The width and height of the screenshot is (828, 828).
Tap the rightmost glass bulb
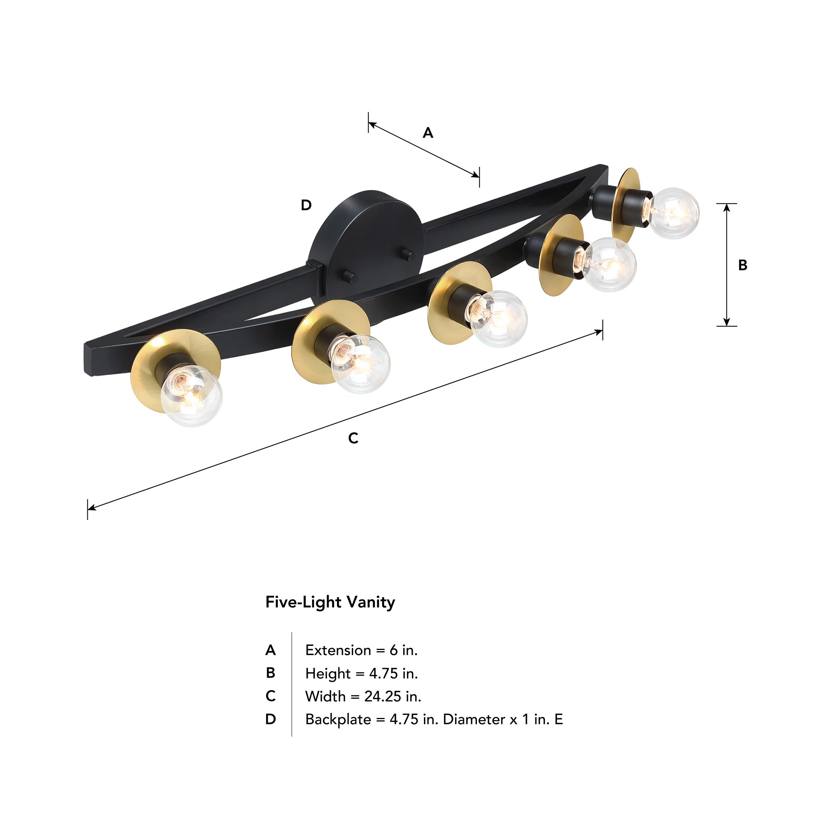point(674,213)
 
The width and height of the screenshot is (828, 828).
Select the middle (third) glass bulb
point(499,318)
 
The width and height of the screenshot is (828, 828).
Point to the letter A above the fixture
point(428,133)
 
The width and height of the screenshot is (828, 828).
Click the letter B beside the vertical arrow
point(743,265)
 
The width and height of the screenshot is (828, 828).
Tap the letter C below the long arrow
point(353,438)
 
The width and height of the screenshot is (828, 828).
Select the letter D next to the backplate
point(306,205)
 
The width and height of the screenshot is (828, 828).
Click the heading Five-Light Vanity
point(330,602)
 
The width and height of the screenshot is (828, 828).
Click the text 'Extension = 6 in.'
point(361,650)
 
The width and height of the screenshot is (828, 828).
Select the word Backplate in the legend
point(338,719)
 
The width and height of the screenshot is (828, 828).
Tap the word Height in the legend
point(328,673)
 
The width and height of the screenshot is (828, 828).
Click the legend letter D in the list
point(270,719)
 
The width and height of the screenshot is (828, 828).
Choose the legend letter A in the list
point(270,650)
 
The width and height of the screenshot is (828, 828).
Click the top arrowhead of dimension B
point(727,207)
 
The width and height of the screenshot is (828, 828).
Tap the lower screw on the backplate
point(352,277)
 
